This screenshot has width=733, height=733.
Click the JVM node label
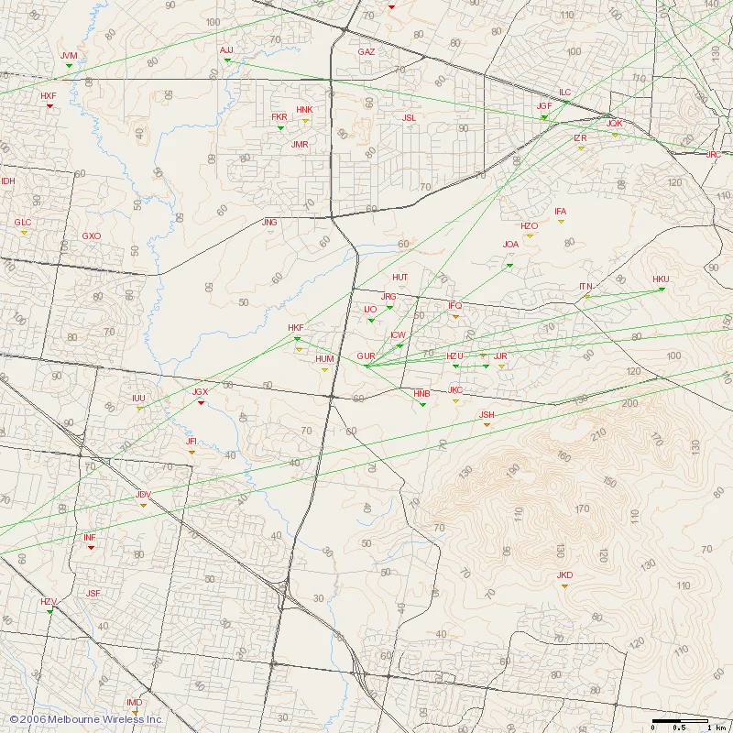coord(69,56)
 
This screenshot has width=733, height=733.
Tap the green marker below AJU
coord(227,60)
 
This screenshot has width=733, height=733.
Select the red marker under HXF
coord(49,106)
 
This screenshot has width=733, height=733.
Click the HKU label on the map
coord(661,279)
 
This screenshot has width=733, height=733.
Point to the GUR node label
coord(366,356)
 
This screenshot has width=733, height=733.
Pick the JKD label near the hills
coord(564,575)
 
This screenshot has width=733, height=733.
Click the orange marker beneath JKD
coord(564,585)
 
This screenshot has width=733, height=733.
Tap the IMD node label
coord(135,702)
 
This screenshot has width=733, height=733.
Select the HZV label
coord(49,601)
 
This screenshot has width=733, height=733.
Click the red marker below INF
coord(91,548)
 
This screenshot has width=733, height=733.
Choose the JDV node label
coord(143,495)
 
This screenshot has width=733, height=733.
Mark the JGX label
coord(200,392)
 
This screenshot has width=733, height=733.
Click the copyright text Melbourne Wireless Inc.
coord(86,720)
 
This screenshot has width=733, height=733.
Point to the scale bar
coord(680,720)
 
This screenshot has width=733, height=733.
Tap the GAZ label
coord(366,52)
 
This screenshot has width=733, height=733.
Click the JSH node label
coord(487,415)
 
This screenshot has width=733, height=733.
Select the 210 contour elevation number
coord(599,433)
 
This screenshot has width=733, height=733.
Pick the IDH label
coord(8,181)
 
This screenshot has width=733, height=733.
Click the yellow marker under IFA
coord(561,222)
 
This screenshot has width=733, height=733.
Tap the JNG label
coord(269,223)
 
